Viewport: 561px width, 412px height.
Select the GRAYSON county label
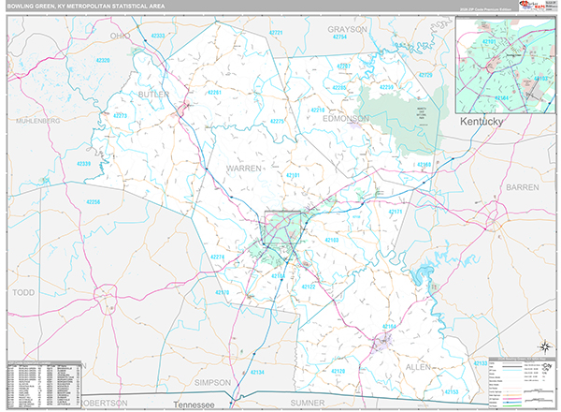click(x=347, y=29)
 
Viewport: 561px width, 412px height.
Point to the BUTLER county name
click(x=154, y=95)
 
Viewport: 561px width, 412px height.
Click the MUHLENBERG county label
click(x=37, y=121)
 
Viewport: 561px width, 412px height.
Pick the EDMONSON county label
click(x=347, y=119)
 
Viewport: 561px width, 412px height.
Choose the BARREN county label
click(x=522, y=187)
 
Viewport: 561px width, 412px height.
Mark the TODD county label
click(x=22, y=293)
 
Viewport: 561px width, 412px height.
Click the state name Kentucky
click(x=482, y=123)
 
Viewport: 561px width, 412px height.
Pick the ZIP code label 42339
click(x=84, y=164)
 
